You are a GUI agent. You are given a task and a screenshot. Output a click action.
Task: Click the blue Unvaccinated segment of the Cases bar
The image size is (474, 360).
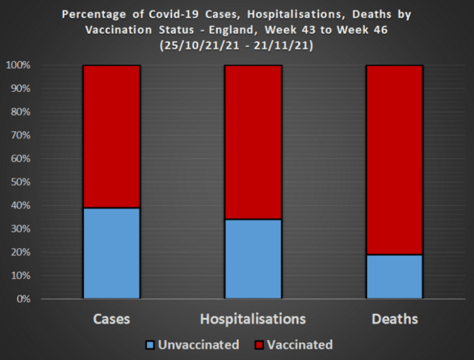[111, 253]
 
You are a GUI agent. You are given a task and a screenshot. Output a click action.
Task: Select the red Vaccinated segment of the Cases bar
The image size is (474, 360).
[111, 137]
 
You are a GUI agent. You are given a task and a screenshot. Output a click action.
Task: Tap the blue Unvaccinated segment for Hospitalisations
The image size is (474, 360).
[253, 259]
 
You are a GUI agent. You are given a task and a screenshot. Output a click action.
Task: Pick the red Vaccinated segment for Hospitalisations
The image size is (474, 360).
[253, 143]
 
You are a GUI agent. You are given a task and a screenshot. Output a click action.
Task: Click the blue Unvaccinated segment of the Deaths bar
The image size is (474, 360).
[394, 277]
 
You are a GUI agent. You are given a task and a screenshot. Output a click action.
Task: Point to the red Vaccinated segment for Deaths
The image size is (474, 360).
[394, 160]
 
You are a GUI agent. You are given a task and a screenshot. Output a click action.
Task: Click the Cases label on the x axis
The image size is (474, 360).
[111, 319]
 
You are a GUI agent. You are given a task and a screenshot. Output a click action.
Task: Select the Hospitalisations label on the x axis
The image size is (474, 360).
[253, 319]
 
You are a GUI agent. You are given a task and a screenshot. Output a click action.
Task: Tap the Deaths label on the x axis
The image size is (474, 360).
[394, 319]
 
